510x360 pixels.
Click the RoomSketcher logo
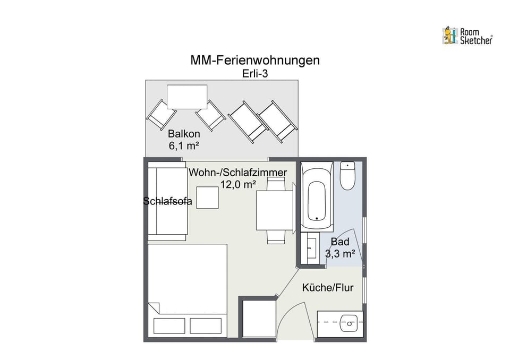(x=467, y=36)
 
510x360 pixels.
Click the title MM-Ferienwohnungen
(x=255, y=61)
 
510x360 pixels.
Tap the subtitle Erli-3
(x=255, y=74)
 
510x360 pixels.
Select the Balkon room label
(x=184, y=134)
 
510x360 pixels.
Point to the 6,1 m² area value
(x=184, y=145)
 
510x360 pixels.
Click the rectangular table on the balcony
(x=186, y=97)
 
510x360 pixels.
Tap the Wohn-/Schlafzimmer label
(x=238, y=173)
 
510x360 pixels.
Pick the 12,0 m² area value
(x=238, y=184)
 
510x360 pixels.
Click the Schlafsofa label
(x=167, y=201)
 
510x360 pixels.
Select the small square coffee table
(x=208, y=198)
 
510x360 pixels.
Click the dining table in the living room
(x=274, y=210)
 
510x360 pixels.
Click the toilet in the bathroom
(x=347, y=176)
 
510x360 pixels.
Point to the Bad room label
(x=340, y=243)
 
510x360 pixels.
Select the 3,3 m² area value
(x=340, y=254)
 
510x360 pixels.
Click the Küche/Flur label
(x=328, y=288)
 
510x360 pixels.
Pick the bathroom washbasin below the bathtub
(x=311, y=247)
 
